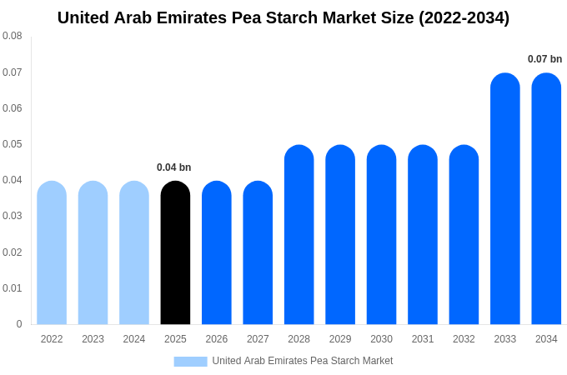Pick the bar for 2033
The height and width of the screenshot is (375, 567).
click(504, 199)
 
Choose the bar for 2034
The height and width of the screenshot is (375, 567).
click(546, 199)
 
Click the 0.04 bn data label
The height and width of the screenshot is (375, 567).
click(173, 167)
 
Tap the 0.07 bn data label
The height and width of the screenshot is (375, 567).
click(544, 59)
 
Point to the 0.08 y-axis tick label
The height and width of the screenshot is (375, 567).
click(13, 36)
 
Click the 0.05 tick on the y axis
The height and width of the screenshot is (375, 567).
click(13, 144)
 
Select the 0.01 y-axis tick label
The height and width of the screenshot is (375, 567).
click(13, 288)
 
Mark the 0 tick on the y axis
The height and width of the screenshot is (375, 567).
click(19, 324)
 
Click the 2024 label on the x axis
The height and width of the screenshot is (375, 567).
click(134, 339)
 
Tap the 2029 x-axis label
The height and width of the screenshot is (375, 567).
click(340, 339)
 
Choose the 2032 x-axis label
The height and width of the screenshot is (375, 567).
click(464, 339)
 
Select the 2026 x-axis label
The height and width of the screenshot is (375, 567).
click(217, 339)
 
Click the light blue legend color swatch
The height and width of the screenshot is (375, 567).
click(190, 362)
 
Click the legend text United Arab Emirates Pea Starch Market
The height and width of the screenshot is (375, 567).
click(302, 361)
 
